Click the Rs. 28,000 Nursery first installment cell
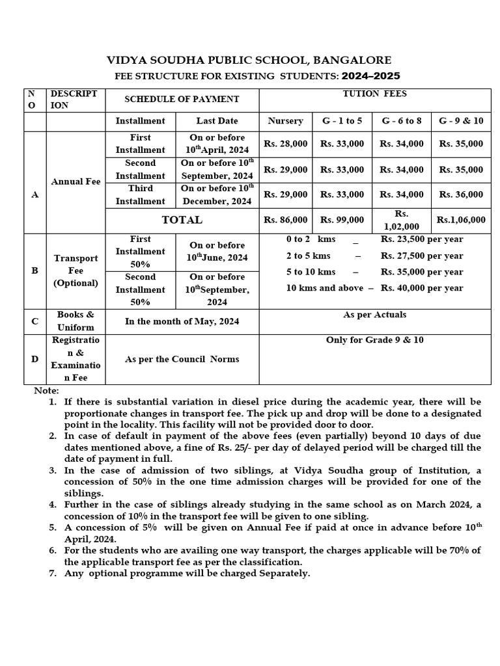(285, 144)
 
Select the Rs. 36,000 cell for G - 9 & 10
(461, 194)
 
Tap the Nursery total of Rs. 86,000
(285, 220)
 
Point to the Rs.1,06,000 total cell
(461, 220)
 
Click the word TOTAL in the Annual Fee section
(182, 220)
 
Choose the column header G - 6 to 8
(402, 121)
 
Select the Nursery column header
(285, 121)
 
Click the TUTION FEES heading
(374, 94)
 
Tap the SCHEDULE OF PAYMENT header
(182, 100)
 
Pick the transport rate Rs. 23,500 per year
(422, 239)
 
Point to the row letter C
(35, 321)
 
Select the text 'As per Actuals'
(374, 315)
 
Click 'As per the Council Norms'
(182, 359)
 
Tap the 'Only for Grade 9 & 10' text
(374, 340)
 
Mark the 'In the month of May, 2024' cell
(182, 321)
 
